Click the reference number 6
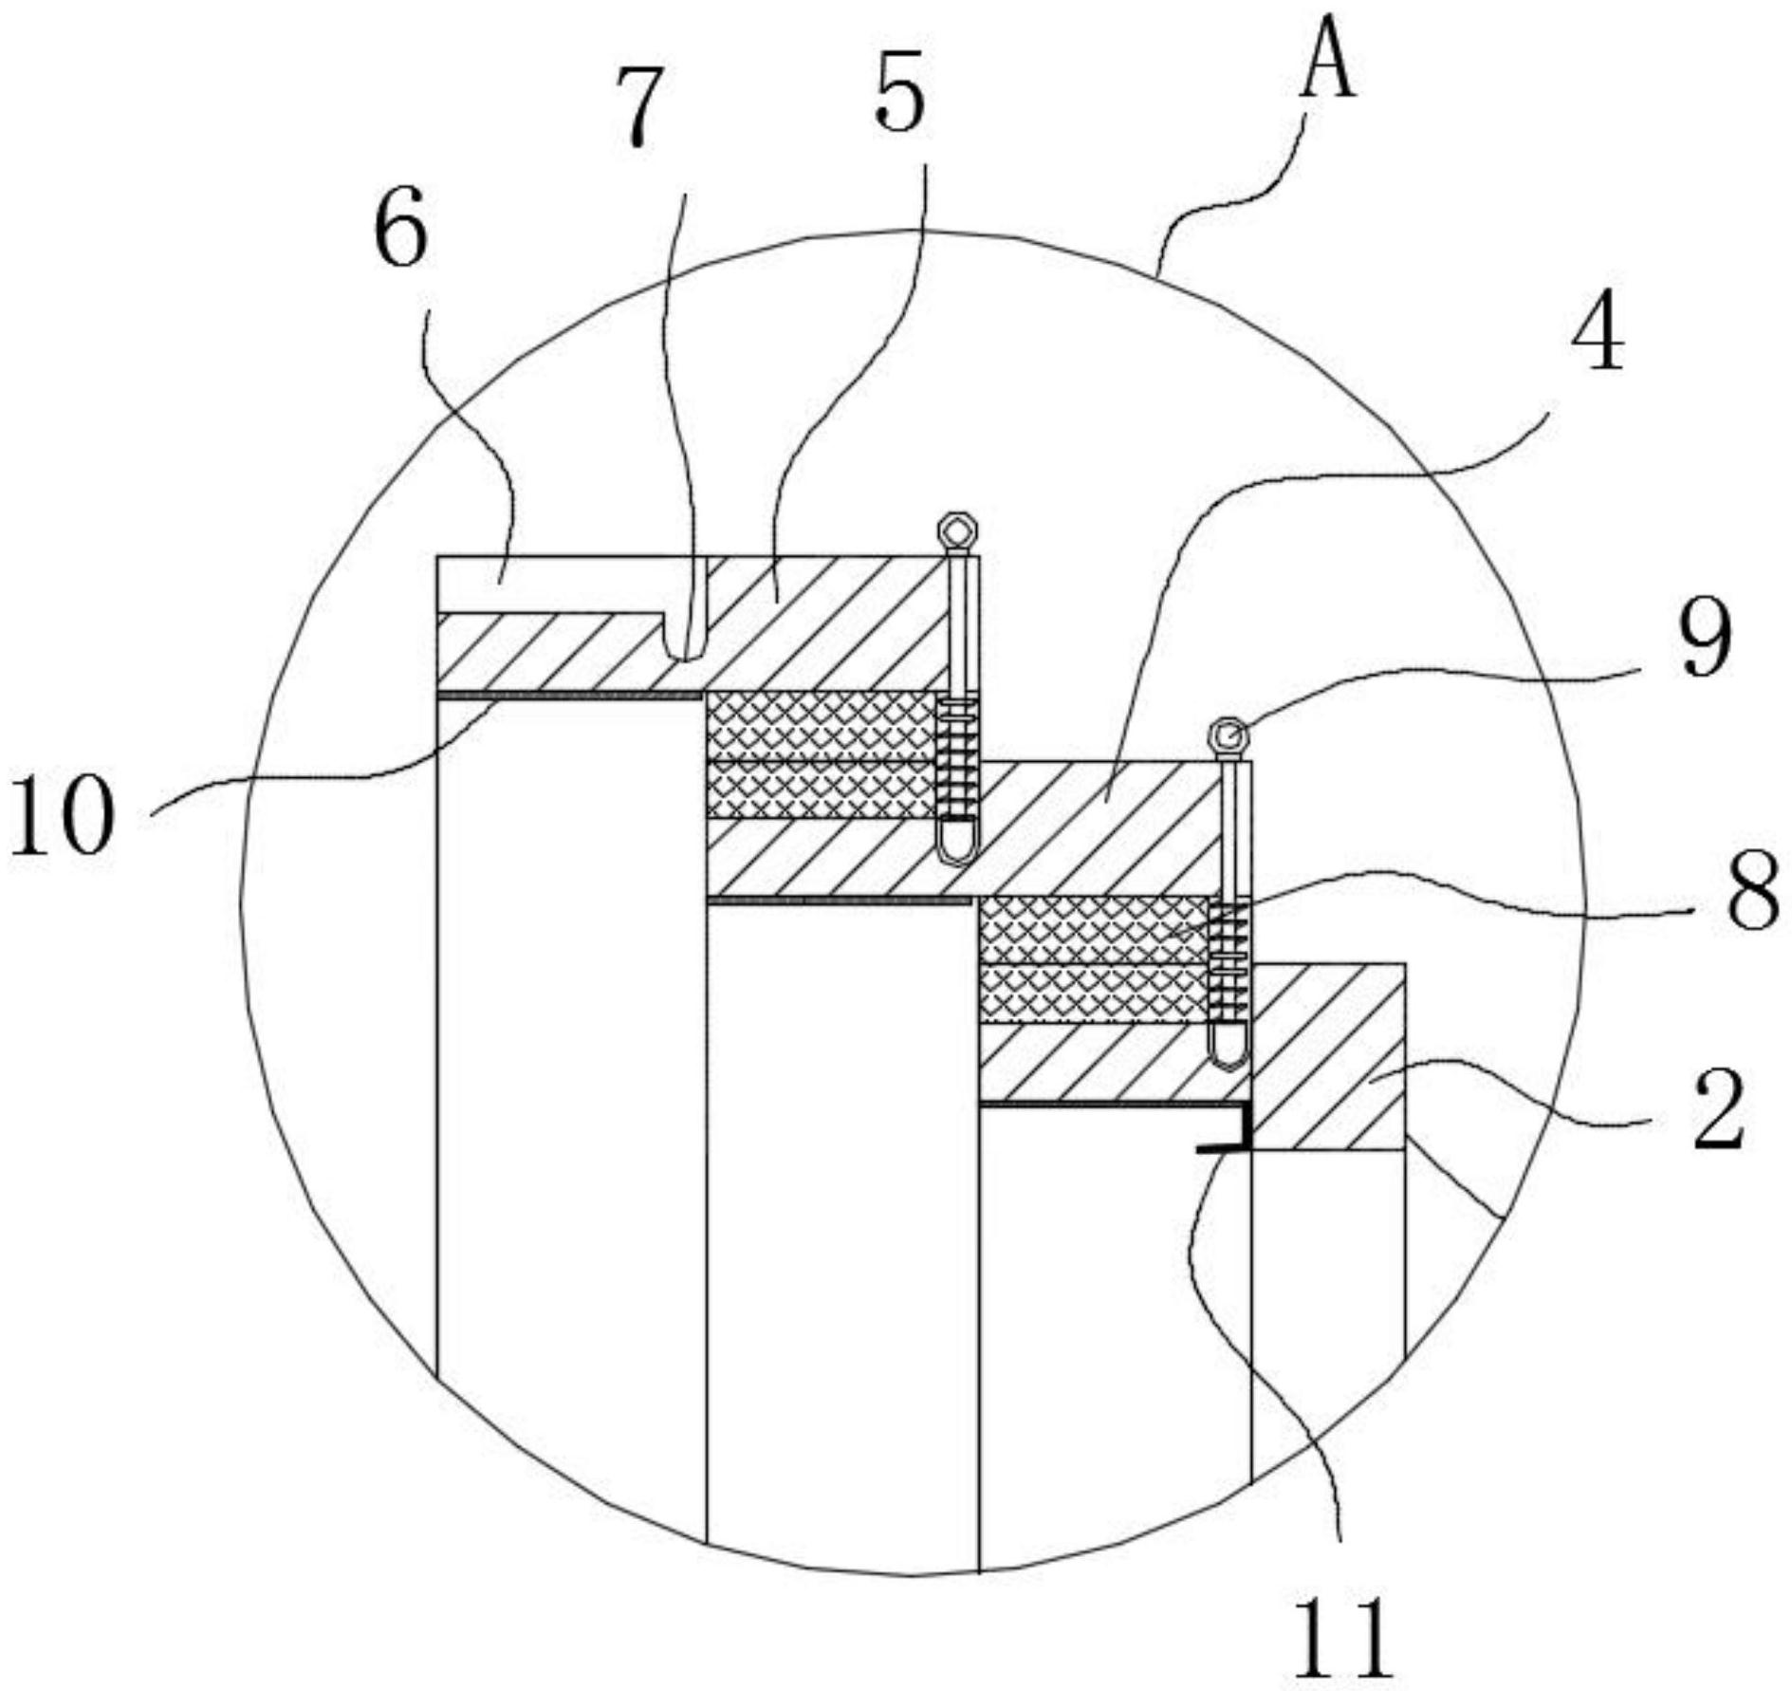(401, 230)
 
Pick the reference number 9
(1704, 641)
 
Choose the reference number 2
(1719, 1107)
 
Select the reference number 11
(1341, 1635)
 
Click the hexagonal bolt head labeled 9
(1229, 735)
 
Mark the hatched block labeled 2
(1328, 1058)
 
